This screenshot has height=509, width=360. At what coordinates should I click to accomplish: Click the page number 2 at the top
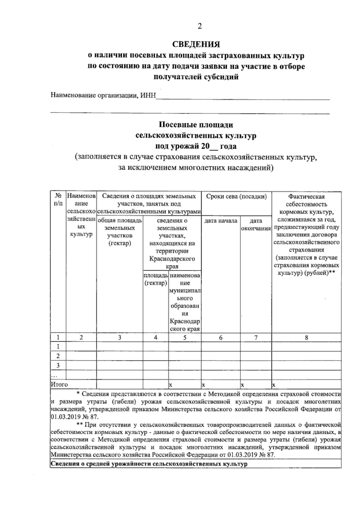pos(199,26)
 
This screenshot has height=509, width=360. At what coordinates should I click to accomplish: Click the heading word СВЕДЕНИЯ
pos(196,45)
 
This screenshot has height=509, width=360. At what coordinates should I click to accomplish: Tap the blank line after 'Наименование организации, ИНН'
pos(243,97)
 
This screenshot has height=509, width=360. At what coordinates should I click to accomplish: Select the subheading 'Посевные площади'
pos(196,124)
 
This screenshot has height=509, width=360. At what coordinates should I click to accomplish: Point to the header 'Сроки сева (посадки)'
pos(236,197)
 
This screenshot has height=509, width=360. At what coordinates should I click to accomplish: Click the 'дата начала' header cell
pos(220,221)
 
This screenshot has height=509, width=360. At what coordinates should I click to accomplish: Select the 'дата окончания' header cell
pos(256,225)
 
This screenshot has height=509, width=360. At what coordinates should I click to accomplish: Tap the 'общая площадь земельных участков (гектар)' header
pos(119,232)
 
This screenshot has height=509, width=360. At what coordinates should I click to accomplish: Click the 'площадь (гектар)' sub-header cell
pos(155,279)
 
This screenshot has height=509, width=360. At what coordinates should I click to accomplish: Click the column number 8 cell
pos(306,338)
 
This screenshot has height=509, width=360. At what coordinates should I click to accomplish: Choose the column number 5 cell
pos(184,338)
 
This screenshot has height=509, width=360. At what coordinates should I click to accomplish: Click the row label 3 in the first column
pos(58,365)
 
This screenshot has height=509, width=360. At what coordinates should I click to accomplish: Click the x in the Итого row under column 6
pos(203,384)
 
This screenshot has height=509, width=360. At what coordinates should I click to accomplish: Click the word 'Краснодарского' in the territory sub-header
pos(172,259)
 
